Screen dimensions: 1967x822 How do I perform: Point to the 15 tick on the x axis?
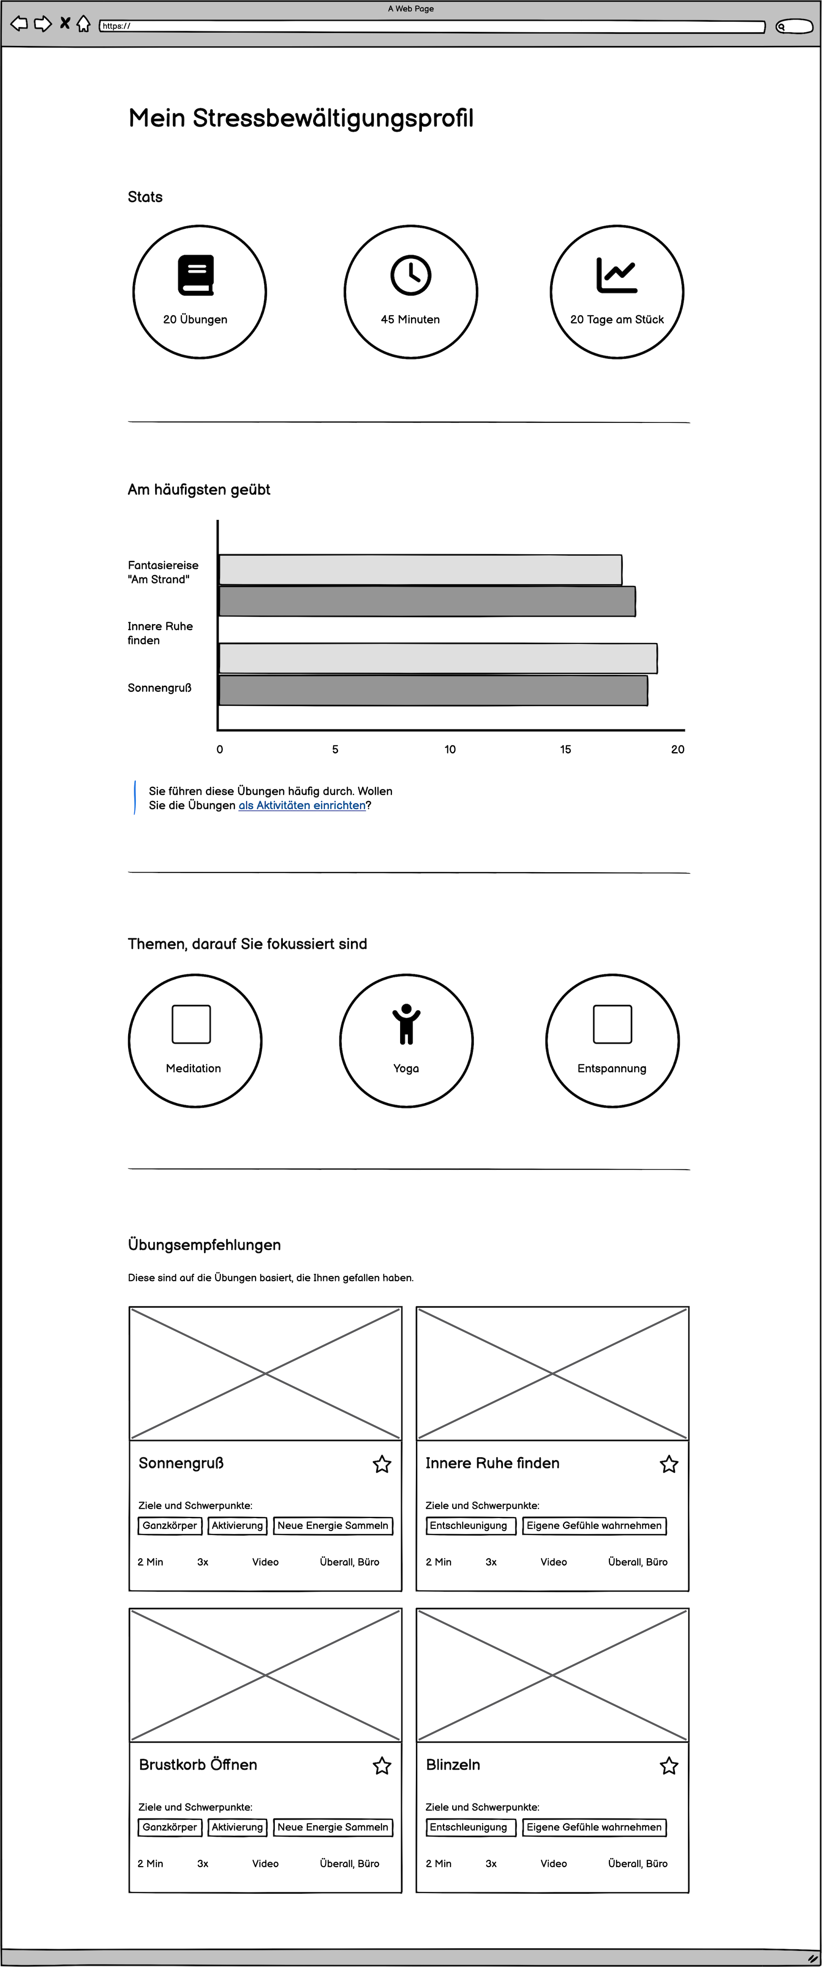[565, 749]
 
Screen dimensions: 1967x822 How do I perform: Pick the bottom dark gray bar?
[433, 690]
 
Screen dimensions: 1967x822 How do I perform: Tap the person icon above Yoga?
[407, 1024]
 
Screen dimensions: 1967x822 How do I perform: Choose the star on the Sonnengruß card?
[382, 1464]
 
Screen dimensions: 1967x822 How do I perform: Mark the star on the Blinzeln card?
[669, 1765]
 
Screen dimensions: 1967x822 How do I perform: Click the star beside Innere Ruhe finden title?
[669, 1464]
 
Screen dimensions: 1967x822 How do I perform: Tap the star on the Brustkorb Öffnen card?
[382, 1765]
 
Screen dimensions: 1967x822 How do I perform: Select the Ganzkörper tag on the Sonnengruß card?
[170, 1526]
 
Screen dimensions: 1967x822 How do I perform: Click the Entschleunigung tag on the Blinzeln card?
[468, 1827]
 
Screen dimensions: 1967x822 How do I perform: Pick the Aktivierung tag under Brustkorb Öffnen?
[238, 1827]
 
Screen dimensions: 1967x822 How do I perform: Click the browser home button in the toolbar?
[83, 25]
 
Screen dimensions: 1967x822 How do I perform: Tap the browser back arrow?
[19, 24]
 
